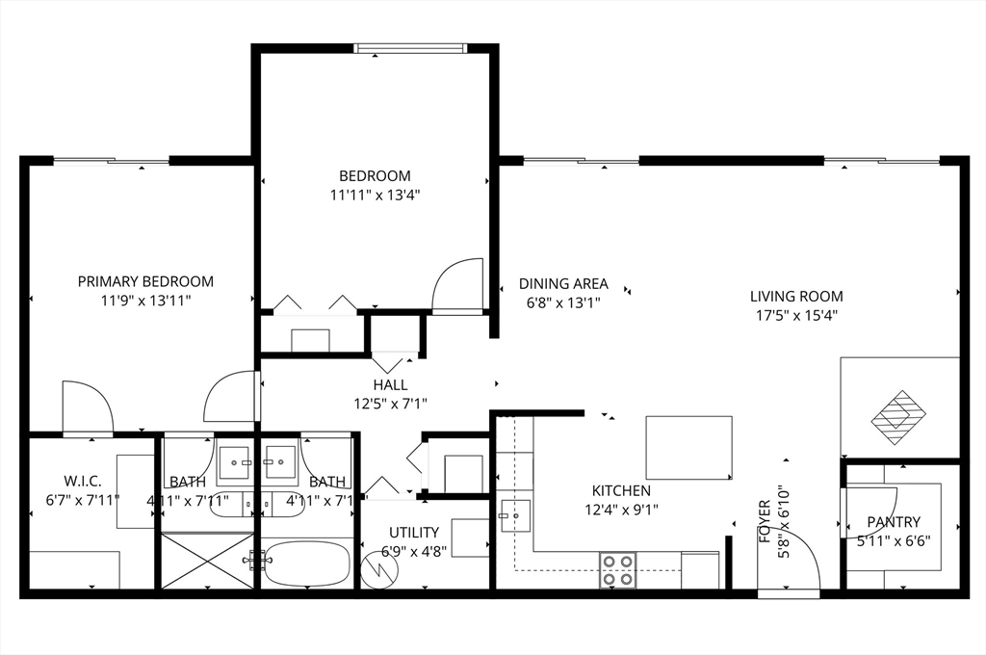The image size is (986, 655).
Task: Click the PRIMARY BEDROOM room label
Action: [x=145, y=281]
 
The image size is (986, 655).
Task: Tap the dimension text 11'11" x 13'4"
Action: [x=375, y=195]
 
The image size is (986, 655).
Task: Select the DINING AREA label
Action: [x=563, y=283]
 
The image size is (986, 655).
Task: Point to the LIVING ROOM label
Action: [x=796, y=297]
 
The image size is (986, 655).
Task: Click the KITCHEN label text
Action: [x=621, y=491]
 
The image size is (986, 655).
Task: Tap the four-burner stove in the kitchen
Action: [x=617, y=569]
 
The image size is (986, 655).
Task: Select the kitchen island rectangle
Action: [x=688, y=447]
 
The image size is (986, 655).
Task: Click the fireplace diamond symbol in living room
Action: [x=897, y=416]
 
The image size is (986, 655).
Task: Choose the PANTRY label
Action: [x=893, y=522]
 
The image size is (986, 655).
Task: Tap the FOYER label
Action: [x=765, y=520]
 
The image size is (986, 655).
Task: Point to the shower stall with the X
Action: [x=207, y=561]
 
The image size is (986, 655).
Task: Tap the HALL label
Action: [x=390, y=385]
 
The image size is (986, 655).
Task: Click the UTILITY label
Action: [x=414, y=532]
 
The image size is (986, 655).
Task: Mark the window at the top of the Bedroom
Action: [x=411, y=47]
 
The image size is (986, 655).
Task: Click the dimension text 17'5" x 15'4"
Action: [x=796, y=315]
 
